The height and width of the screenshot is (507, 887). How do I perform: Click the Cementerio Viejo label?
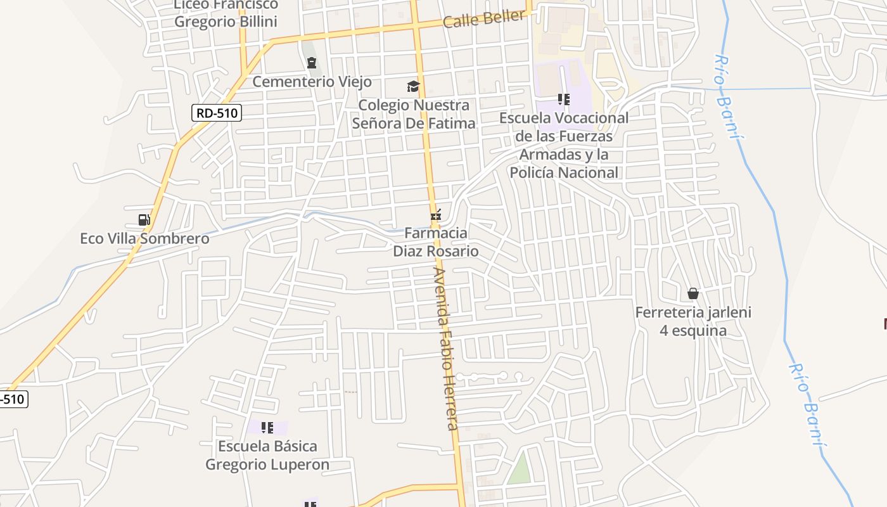[312, 82]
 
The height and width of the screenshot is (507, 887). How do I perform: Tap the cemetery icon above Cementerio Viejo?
[311, 63]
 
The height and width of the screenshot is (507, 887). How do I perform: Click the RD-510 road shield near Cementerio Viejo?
[217, 113]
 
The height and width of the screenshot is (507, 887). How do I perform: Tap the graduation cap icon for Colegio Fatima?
[413, 86]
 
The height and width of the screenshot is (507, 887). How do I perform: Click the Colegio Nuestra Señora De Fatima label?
[413, 114]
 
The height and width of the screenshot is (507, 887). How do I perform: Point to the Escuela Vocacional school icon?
[563, 99]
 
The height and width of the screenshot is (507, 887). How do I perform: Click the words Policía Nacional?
[563, 172]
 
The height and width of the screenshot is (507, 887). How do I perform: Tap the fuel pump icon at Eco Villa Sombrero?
[144, 220]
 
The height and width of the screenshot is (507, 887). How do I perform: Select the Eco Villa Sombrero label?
[144, 239]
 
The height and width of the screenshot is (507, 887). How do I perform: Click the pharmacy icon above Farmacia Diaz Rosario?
[435, 215]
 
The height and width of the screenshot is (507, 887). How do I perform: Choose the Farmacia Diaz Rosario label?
[436, 242]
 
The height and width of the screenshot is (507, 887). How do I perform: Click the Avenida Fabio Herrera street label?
[446, 349]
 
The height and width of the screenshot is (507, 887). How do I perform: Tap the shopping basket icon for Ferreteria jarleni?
[693, 293]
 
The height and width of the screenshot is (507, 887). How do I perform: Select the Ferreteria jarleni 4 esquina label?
[693, 321]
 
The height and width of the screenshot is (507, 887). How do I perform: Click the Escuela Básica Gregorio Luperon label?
[267, 455]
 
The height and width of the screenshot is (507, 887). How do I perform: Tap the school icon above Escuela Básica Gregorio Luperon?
[267, 428]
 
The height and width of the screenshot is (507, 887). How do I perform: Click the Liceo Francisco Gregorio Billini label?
[226, 13]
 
